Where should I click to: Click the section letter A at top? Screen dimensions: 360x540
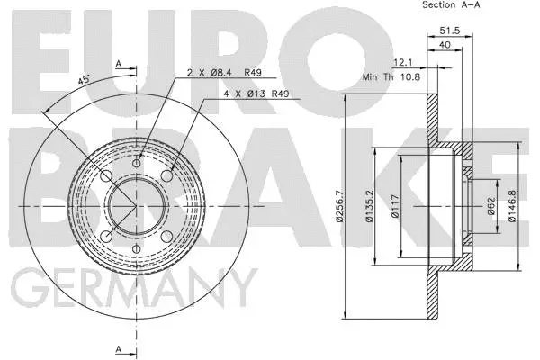coord(118,63)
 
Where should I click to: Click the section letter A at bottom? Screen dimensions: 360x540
coord(118,348)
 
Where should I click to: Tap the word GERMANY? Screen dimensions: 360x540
coord(132,292)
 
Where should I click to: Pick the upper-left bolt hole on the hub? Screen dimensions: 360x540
coord(106,175)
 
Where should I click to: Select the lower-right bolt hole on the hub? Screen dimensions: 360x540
coord(166,236)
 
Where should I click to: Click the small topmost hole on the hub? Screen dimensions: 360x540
coord(137,163)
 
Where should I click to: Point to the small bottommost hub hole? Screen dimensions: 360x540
coord(137,249)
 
